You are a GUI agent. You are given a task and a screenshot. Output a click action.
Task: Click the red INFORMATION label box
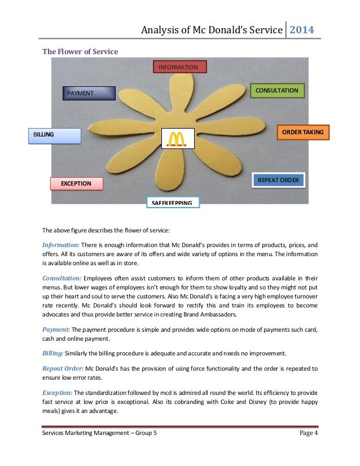pos(180,68)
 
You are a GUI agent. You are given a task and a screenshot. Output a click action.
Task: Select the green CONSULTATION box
pos(276,90)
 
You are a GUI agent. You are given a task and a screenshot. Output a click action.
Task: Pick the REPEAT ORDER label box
pos(278,180)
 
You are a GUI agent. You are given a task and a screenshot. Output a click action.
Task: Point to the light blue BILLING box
pos(54,135)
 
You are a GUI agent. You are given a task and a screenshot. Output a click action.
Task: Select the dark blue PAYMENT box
pos(89,93)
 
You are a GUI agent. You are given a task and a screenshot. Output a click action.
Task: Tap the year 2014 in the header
pos(302,29)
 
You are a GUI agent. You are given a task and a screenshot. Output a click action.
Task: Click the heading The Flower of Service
pos(80,52)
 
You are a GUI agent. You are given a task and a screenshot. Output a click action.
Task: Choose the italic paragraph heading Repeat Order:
pos(63,368)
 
